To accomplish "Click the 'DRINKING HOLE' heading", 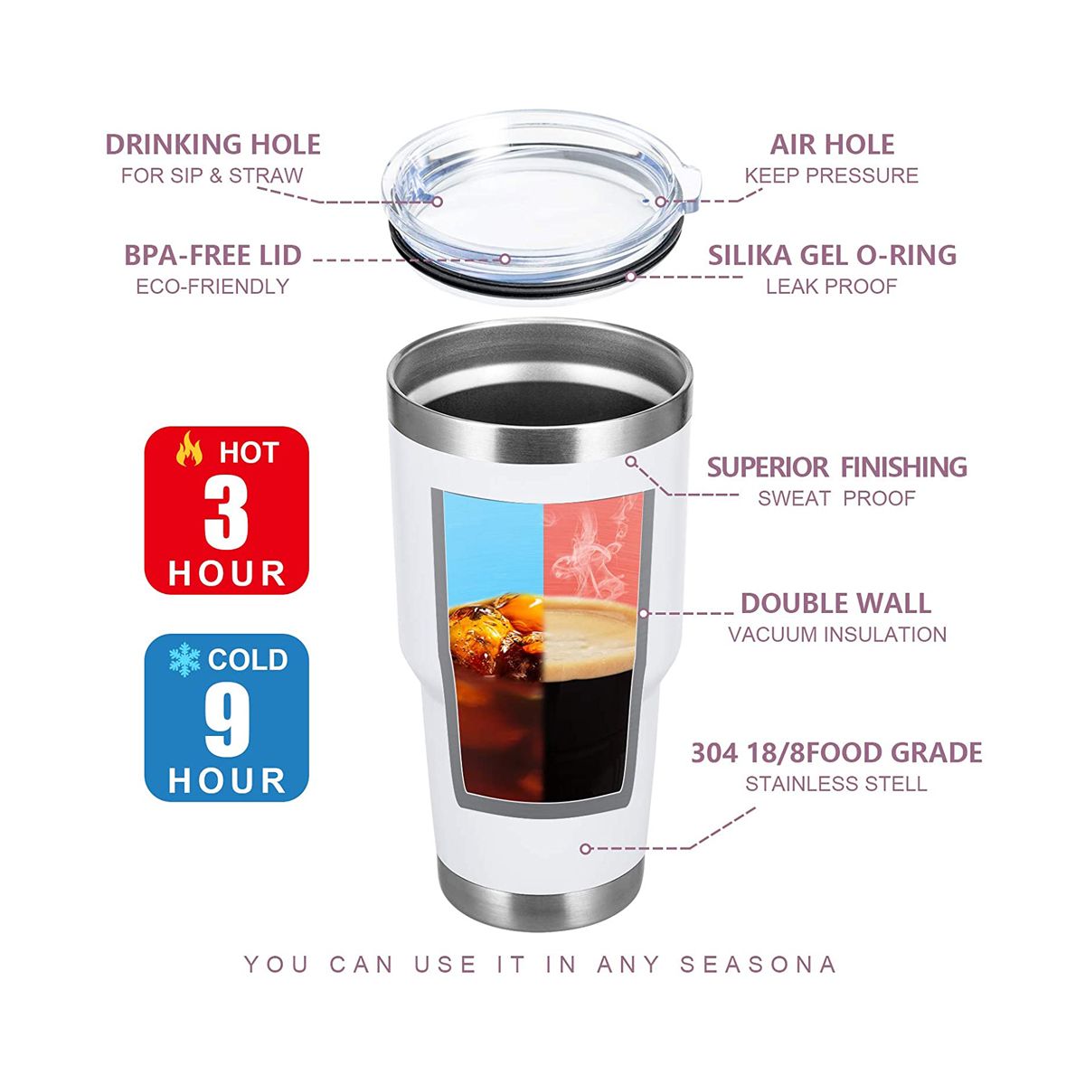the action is [x=212, y=144].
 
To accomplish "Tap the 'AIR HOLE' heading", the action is [x=832, y=144].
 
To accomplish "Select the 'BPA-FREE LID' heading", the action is [x=212, y=255].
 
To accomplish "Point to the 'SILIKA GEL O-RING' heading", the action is [x=832, y=255].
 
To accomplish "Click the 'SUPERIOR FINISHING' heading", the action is [x=836, y=467].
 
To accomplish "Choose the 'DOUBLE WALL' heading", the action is [x=835, y=603].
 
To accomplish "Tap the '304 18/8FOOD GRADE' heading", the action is [x=836, y=752].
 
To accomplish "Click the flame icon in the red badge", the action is [x=189, y=448].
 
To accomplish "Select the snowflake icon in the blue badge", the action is [x=184, y=660].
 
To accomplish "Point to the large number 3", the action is [x=226, y=514].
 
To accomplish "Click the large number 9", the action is [x=227, y=722].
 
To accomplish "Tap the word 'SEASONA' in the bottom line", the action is [x=758, y=965].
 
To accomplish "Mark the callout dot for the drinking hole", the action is [x=438, y=202].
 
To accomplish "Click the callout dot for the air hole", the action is [x=660, y=202].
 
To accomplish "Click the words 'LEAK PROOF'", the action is [x=831, y=287].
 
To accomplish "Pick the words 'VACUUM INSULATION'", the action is [x=837, y=635].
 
